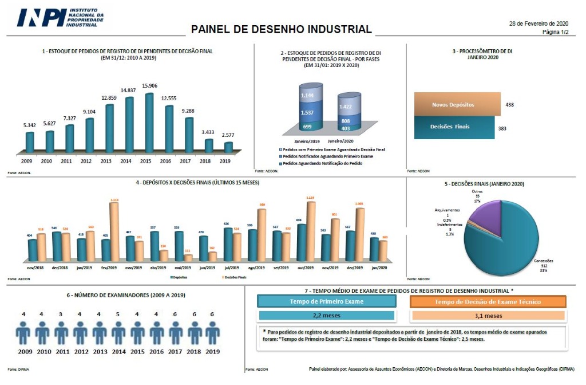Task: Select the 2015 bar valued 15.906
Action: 149,124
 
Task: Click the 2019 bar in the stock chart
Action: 228,148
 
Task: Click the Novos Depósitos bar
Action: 457,105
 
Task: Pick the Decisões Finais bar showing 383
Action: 454,128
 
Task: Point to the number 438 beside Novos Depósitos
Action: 510,105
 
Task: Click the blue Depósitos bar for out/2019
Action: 301,242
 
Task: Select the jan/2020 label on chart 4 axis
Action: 379,268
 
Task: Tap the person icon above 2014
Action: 118,332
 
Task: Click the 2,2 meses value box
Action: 326,316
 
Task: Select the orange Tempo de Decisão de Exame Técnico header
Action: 488,302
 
